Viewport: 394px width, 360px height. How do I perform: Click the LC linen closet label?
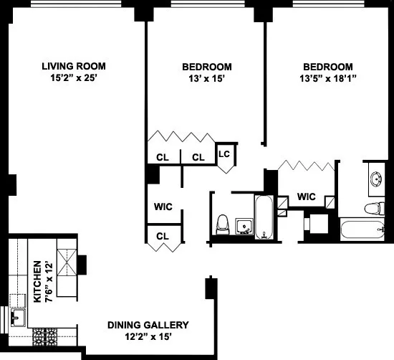[x=224, y=153]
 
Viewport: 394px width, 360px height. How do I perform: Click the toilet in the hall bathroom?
[x=223, y=224]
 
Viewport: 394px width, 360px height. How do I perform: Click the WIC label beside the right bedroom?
[x=307, y=196]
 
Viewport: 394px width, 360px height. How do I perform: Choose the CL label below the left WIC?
[x=163, y=235]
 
